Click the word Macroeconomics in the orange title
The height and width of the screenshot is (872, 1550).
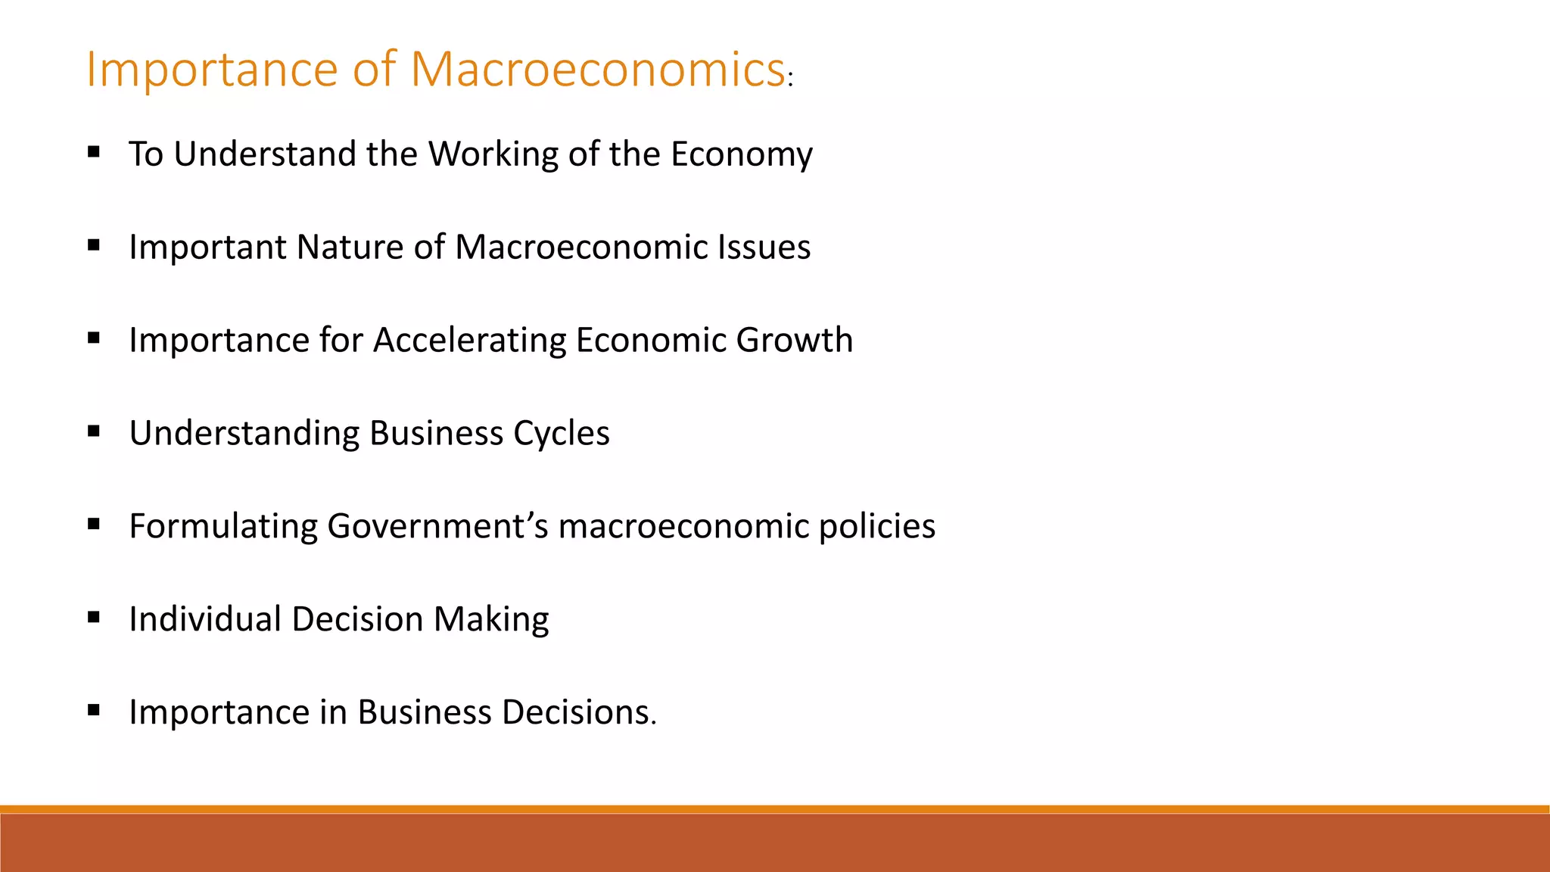click(x=597, y=69)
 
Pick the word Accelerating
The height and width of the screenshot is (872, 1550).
click(x=469, y=340)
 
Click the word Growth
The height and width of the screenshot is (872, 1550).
click(x=794, y=340)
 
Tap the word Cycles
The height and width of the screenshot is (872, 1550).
click(x=561, y=434)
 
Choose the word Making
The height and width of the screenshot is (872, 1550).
click(x=491, y=619)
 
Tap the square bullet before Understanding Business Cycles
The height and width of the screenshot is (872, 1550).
click(x=94, y=431)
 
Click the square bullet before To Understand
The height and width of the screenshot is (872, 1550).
click(x=94, y=152)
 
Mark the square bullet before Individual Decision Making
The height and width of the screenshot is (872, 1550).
click(x=94, y=618)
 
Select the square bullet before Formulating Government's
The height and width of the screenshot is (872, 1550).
click(x=94, y=525)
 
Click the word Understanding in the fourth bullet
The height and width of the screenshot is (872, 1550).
click(x=244, y=434)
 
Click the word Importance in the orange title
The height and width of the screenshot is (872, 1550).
click(x=211, y=69)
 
